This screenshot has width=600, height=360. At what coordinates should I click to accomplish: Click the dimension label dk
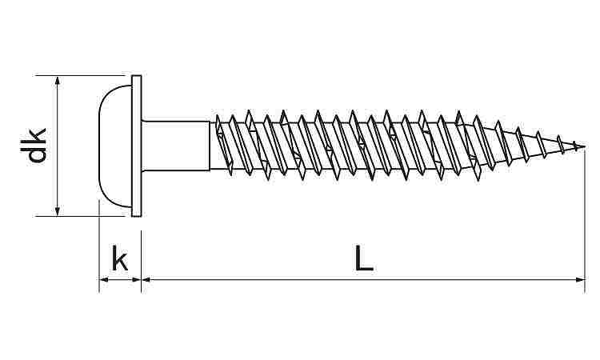(34, 145)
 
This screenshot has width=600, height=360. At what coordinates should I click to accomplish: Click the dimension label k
(120, 258)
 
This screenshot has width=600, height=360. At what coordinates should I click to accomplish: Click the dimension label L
(364, 258)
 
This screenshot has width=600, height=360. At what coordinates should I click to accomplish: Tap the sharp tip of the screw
(584, 147)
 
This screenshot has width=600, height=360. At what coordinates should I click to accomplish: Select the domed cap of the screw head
(114, 146)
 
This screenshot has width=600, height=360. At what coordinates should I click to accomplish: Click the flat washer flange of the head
(137, 146)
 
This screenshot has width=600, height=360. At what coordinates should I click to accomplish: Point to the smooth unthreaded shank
(176, 146)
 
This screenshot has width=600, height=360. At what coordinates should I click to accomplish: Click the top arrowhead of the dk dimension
(58, 81)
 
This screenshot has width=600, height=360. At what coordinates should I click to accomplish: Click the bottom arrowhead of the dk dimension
(58, 210)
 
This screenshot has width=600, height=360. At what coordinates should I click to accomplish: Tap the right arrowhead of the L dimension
(579, 280)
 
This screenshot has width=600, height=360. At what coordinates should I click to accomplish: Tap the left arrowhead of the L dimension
(147, 280)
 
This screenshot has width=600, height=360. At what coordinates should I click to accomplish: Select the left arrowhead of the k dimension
(105, 280)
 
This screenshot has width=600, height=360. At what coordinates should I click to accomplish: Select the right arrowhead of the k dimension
(135, 280)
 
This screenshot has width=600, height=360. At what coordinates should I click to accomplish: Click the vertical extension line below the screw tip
(585, 221)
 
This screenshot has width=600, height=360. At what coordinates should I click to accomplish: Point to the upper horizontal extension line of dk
(83, 75)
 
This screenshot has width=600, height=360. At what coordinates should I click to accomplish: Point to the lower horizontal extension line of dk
(81, 216)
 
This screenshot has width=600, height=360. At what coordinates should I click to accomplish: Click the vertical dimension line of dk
(58, 146)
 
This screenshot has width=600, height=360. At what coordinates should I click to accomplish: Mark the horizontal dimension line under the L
(363, 280)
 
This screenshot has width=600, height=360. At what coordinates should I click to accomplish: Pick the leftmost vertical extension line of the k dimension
(99, 246)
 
